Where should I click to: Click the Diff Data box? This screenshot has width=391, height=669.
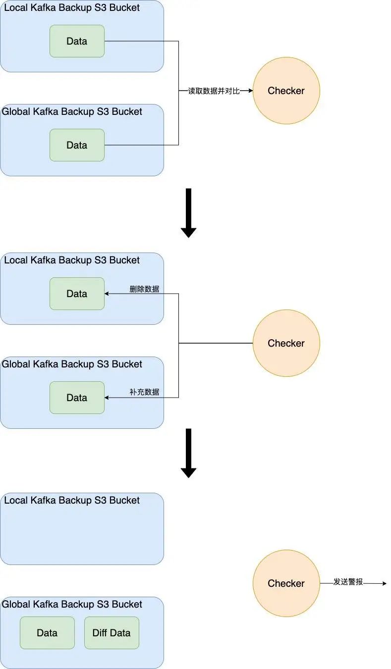pos(112,633)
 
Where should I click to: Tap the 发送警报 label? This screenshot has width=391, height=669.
pos(348,582)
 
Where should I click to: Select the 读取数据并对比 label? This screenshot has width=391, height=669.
pos(214,91)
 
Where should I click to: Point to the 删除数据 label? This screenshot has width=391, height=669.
pos(144,289)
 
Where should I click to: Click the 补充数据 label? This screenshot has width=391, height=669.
pos(144,392)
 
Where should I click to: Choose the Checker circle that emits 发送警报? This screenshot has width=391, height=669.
pos(286,583)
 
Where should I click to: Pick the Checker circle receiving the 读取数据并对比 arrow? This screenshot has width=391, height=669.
pos(286,91)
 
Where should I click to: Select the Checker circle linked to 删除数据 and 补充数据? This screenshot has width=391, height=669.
pos(286,343)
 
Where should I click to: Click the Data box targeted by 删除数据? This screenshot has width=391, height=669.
pos(77,294)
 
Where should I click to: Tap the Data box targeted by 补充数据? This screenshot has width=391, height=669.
pos(77,398)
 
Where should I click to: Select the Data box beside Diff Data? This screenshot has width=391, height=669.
pos(47,633)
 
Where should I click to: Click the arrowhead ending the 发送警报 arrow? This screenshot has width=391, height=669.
pos(384,583)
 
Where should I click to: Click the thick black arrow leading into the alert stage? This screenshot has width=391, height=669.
pos(188,453)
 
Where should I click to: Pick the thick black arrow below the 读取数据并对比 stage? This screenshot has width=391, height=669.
pos(188,213)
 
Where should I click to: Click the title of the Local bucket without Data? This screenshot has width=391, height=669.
pos(72,500)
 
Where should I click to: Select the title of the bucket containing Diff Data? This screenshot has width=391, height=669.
pos(72,604)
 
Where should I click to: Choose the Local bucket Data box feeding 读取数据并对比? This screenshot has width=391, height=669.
pos(77,41)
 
